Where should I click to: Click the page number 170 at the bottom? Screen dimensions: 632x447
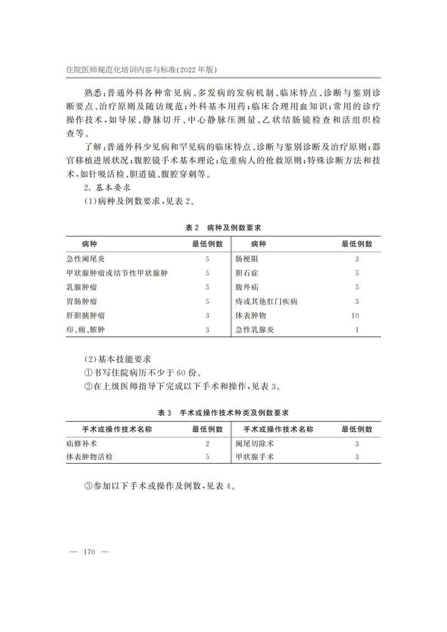pos(90,552)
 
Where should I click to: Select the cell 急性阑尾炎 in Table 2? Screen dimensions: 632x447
pos(85,259)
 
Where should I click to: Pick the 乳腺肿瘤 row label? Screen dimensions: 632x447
pos(82,287)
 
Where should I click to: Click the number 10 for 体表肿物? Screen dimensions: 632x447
pos(355,316)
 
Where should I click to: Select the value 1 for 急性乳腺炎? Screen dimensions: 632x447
pos(356,330)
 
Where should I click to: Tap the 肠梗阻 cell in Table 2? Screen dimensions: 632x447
pos(248,259)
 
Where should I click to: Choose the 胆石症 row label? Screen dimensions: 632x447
pos(248,273)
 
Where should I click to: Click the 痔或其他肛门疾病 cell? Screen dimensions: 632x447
pos(267,302)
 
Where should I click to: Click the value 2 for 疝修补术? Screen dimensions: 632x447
pos(207,444)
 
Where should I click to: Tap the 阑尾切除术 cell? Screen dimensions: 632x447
pos(255,444)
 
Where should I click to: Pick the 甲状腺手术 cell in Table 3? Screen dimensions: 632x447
pos(255,458)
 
